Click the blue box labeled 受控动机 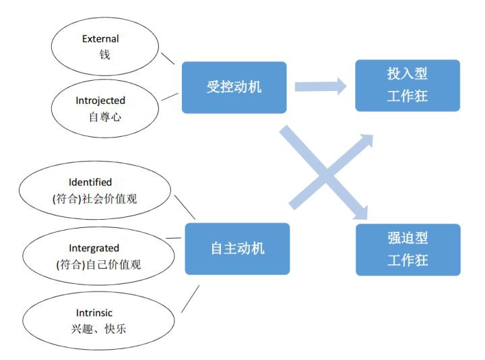(234, 87)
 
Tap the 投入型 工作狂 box (408, 86)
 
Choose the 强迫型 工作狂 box (408, 249)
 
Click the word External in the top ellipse (100, 38)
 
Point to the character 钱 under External (104, 55)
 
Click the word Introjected (100, 100)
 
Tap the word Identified (90, 182)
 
